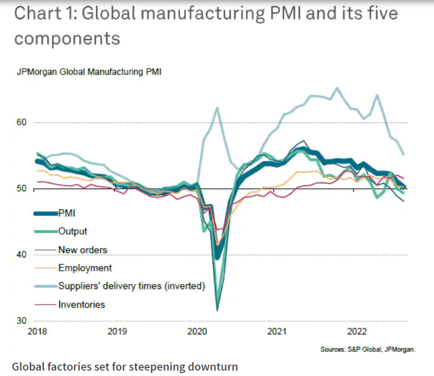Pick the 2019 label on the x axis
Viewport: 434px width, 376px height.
click(x=118, y=331)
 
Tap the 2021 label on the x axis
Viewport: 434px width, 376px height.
click(x=278, y=331)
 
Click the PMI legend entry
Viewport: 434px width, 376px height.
click(x=67, y=213)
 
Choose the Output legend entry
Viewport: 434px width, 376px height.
click(x=73, y=231)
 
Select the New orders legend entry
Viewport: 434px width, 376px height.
click(x=82, y=250)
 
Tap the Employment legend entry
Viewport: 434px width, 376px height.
click(x=85, y=268)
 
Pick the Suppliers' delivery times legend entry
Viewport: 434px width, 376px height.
click(x=131, y=286)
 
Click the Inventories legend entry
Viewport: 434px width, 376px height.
click(x=81, y=304)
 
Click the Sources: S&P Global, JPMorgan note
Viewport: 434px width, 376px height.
click(x=368, y=349)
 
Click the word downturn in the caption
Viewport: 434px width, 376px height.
click(x=213, y=367)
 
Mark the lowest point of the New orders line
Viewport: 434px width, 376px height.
click(x=217, y=311)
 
